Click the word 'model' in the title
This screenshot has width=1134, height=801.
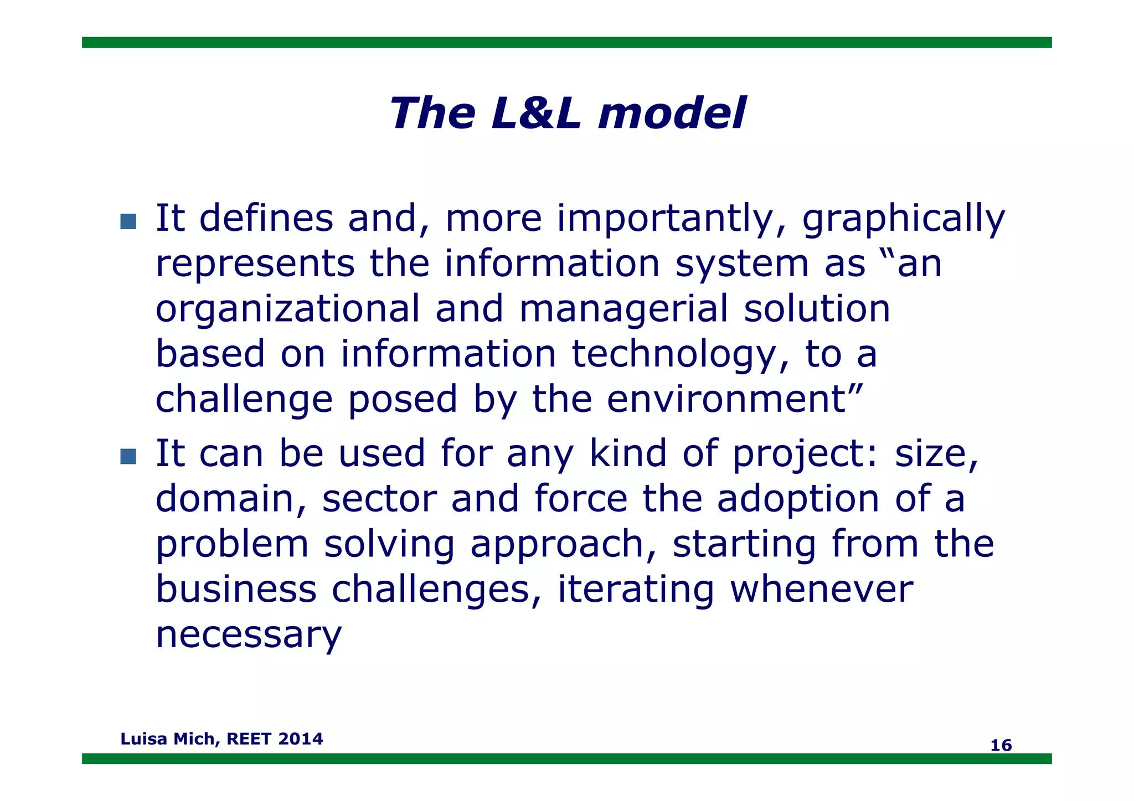tap(672, 113)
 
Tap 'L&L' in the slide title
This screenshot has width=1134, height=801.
tap(536, 113)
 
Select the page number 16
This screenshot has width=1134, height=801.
tap(1001, 745)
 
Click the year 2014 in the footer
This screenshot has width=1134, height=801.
tap(301, 738)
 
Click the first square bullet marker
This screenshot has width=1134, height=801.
tap(128, 221)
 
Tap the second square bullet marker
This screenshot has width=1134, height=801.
tap(128, 456)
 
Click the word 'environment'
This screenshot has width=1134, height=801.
tap(726, 399)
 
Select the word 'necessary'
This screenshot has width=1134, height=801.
tap(249, 635)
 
